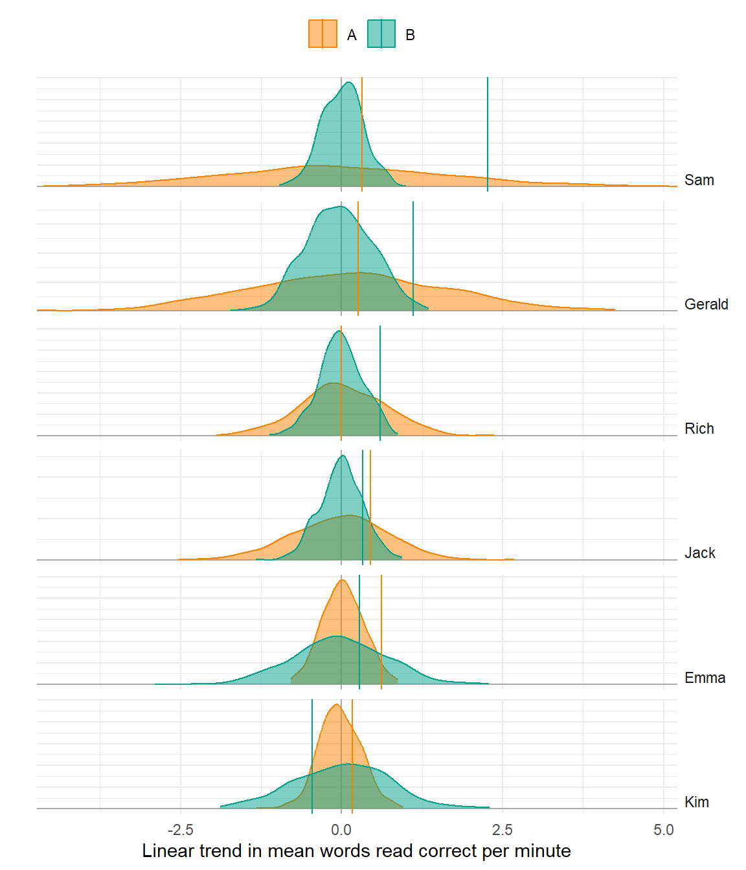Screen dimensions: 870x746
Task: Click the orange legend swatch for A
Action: tap(322, 34)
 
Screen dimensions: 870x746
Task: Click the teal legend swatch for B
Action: tap(381, 34)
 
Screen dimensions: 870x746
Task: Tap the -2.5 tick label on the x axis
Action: tap(180, 830)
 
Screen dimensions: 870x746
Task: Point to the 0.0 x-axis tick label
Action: tap(341, 830)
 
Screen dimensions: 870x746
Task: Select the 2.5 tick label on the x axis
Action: tap(502, 830)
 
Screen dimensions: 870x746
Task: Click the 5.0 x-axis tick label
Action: tap(663, 830)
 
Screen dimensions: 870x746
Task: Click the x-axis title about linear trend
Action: tap(356, 851)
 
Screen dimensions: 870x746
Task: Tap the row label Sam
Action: tap(699, 180)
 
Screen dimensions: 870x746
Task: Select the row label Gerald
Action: tap(706, 304)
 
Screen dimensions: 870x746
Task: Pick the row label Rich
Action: tap(699, 429)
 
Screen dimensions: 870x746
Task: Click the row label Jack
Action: tap(699, 553)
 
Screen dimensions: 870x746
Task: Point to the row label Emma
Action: tap(705, 678)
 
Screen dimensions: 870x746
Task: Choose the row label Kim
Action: tap(696, 802)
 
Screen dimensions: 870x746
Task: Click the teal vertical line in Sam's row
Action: tap(488, 129)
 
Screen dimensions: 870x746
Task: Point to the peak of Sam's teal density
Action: tap(349, 82)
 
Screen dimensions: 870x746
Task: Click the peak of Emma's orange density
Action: tap(341, 580)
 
